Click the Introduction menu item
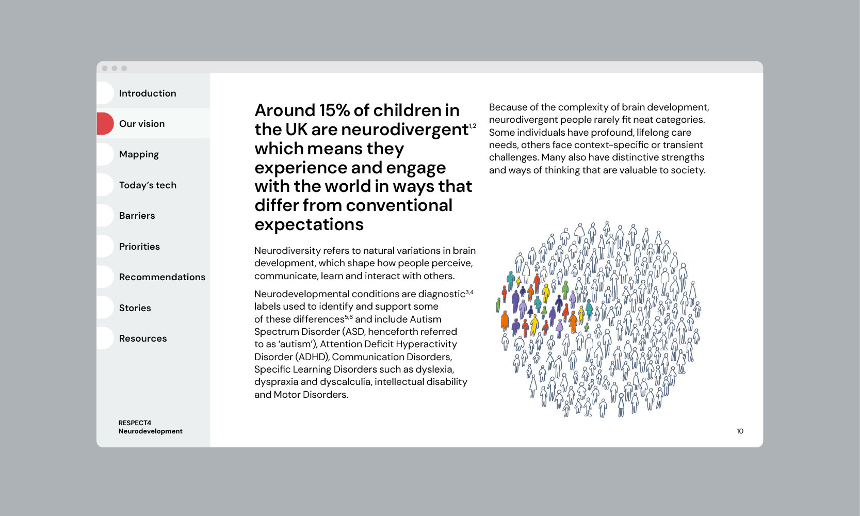pos(148,93)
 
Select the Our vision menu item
pos(142,124)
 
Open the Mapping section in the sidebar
pos(139,154)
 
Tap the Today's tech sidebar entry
pos(148,185)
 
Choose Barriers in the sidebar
pos(137,216)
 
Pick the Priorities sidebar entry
pos(139,247)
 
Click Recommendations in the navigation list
pos(162,277)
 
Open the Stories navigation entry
pos(135,308)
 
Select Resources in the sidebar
pos(143,338)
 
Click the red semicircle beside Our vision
pos(104,124)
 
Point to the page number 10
pos(740,431)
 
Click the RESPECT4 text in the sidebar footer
pos(135,423)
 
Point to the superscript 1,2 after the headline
pos(473,126)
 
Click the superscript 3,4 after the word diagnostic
pos(469,293)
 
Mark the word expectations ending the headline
pos(309,225)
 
